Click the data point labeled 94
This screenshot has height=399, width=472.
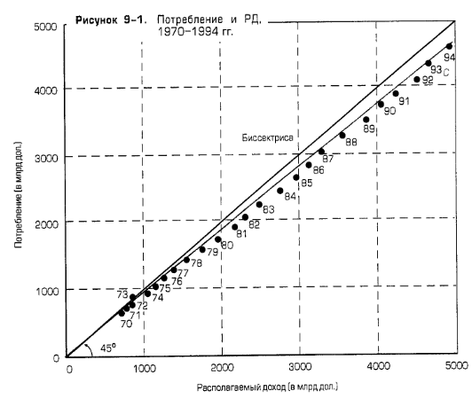(x=449, y=46)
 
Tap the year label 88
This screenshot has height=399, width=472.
(x=351, y=142)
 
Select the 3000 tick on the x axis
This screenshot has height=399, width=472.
(x=301, y=366)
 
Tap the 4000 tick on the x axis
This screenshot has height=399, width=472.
(x=379, y=366)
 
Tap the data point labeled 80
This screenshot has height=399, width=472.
(x=218, y=239)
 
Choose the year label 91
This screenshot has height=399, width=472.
(x=403, y=101)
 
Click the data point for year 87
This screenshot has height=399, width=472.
(x=321, y=152)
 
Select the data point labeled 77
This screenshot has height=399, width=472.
(x=174, y=270)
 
